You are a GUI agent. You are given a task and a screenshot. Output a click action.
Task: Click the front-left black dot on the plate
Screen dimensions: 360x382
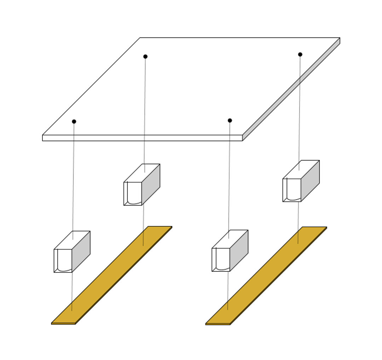[x=74, y=122]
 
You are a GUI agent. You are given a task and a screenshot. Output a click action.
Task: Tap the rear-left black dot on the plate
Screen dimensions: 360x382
[x=145, y=57]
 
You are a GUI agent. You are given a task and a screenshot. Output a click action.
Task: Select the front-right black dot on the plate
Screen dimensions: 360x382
[x=230, y=120]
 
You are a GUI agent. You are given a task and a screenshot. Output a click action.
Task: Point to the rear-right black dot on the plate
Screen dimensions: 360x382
[x=300, y=54]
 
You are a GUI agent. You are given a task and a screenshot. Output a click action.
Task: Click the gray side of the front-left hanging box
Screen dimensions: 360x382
[x=81, y=252]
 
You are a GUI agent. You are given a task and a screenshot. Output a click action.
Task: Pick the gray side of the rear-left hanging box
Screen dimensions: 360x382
[x=151, y=184]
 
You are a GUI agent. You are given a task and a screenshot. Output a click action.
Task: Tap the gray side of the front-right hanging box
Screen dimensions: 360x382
[x=239, y=250]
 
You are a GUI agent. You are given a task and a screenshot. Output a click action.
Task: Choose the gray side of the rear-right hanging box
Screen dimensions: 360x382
[x=310, y=181]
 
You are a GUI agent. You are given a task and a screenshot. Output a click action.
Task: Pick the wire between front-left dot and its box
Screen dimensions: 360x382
[x=73, y=177]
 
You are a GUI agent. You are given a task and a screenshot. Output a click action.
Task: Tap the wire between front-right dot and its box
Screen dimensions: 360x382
[x=229, y=177]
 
